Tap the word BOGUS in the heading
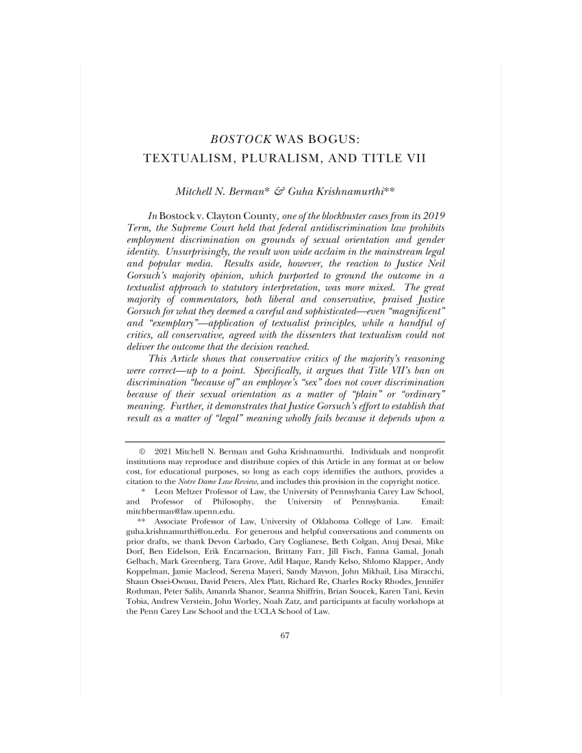[336, 140]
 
